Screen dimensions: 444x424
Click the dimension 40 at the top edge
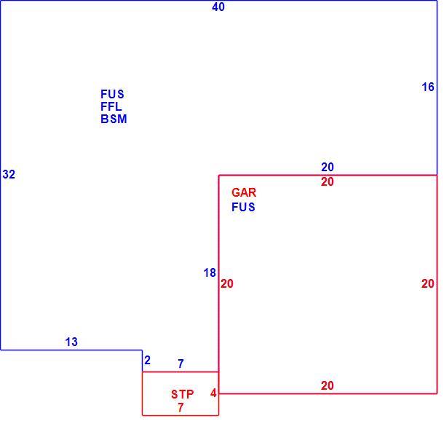pos(218,7)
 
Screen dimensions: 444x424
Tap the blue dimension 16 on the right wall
pos(428,87)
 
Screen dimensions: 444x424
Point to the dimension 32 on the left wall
pos(9,174)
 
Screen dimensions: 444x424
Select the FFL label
pos(111,106)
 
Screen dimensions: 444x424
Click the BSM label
pos(114,119)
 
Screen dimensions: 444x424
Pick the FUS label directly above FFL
pos(112,94)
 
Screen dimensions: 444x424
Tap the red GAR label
pos(244,193)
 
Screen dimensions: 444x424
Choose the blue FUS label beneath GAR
pos(243,207)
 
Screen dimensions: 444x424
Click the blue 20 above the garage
pos(328,168)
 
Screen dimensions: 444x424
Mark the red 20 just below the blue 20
pos(328,182)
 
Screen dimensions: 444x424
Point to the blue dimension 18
pos(210,273)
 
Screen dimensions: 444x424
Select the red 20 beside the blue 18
pos(227,283)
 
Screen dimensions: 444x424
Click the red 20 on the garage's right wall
pos(428,283)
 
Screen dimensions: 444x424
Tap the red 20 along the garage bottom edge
pos(328,385)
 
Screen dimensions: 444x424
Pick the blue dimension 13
pos(71,342)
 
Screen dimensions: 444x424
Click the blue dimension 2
pos(147,361)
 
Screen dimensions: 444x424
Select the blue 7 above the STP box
pos(181,364)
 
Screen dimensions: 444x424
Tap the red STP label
pos(183,394)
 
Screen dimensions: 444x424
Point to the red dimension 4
pos(213,393)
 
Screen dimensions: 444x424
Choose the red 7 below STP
pos(181,407)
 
